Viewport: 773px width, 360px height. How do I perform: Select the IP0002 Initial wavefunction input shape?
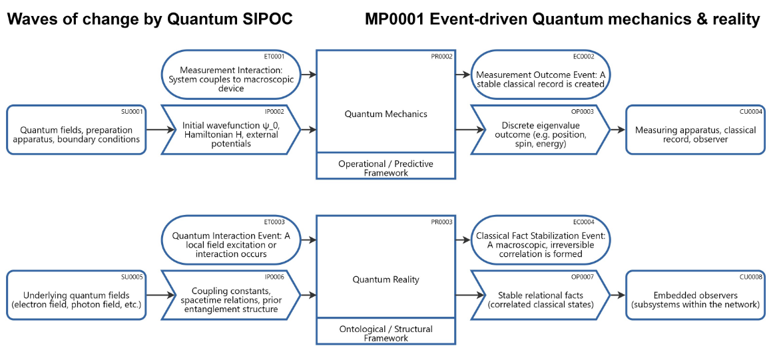(229, 130)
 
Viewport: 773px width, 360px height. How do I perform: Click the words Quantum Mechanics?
(386, 114)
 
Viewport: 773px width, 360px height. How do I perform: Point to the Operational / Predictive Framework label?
(386, 168)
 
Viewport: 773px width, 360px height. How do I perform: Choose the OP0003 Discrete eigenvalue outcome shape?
(540, 130)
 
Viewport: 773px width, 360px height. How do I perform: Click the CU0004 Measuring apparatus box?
(695, 130)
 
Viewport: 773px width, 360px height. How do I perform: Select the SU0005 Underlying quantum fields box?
(77, 295)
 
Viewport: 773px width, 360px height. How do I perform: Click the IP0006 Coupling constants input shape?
(229, 295)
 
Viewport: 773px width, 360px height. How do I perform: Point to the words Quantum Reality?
(386, 279)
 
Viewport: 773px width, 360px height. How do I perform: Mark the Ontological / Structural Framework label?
(386, 333)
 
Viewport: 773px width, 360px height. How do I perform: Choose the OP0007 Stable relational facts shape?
(540, 295)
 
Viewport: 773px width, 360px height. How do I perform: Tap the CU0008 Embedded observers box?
(695, 295)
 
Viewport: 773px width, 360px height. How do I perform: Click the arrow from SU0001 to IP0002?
(154, 130)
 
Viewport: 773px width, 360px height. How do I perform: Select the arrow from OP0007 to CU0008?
(618, 295)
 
